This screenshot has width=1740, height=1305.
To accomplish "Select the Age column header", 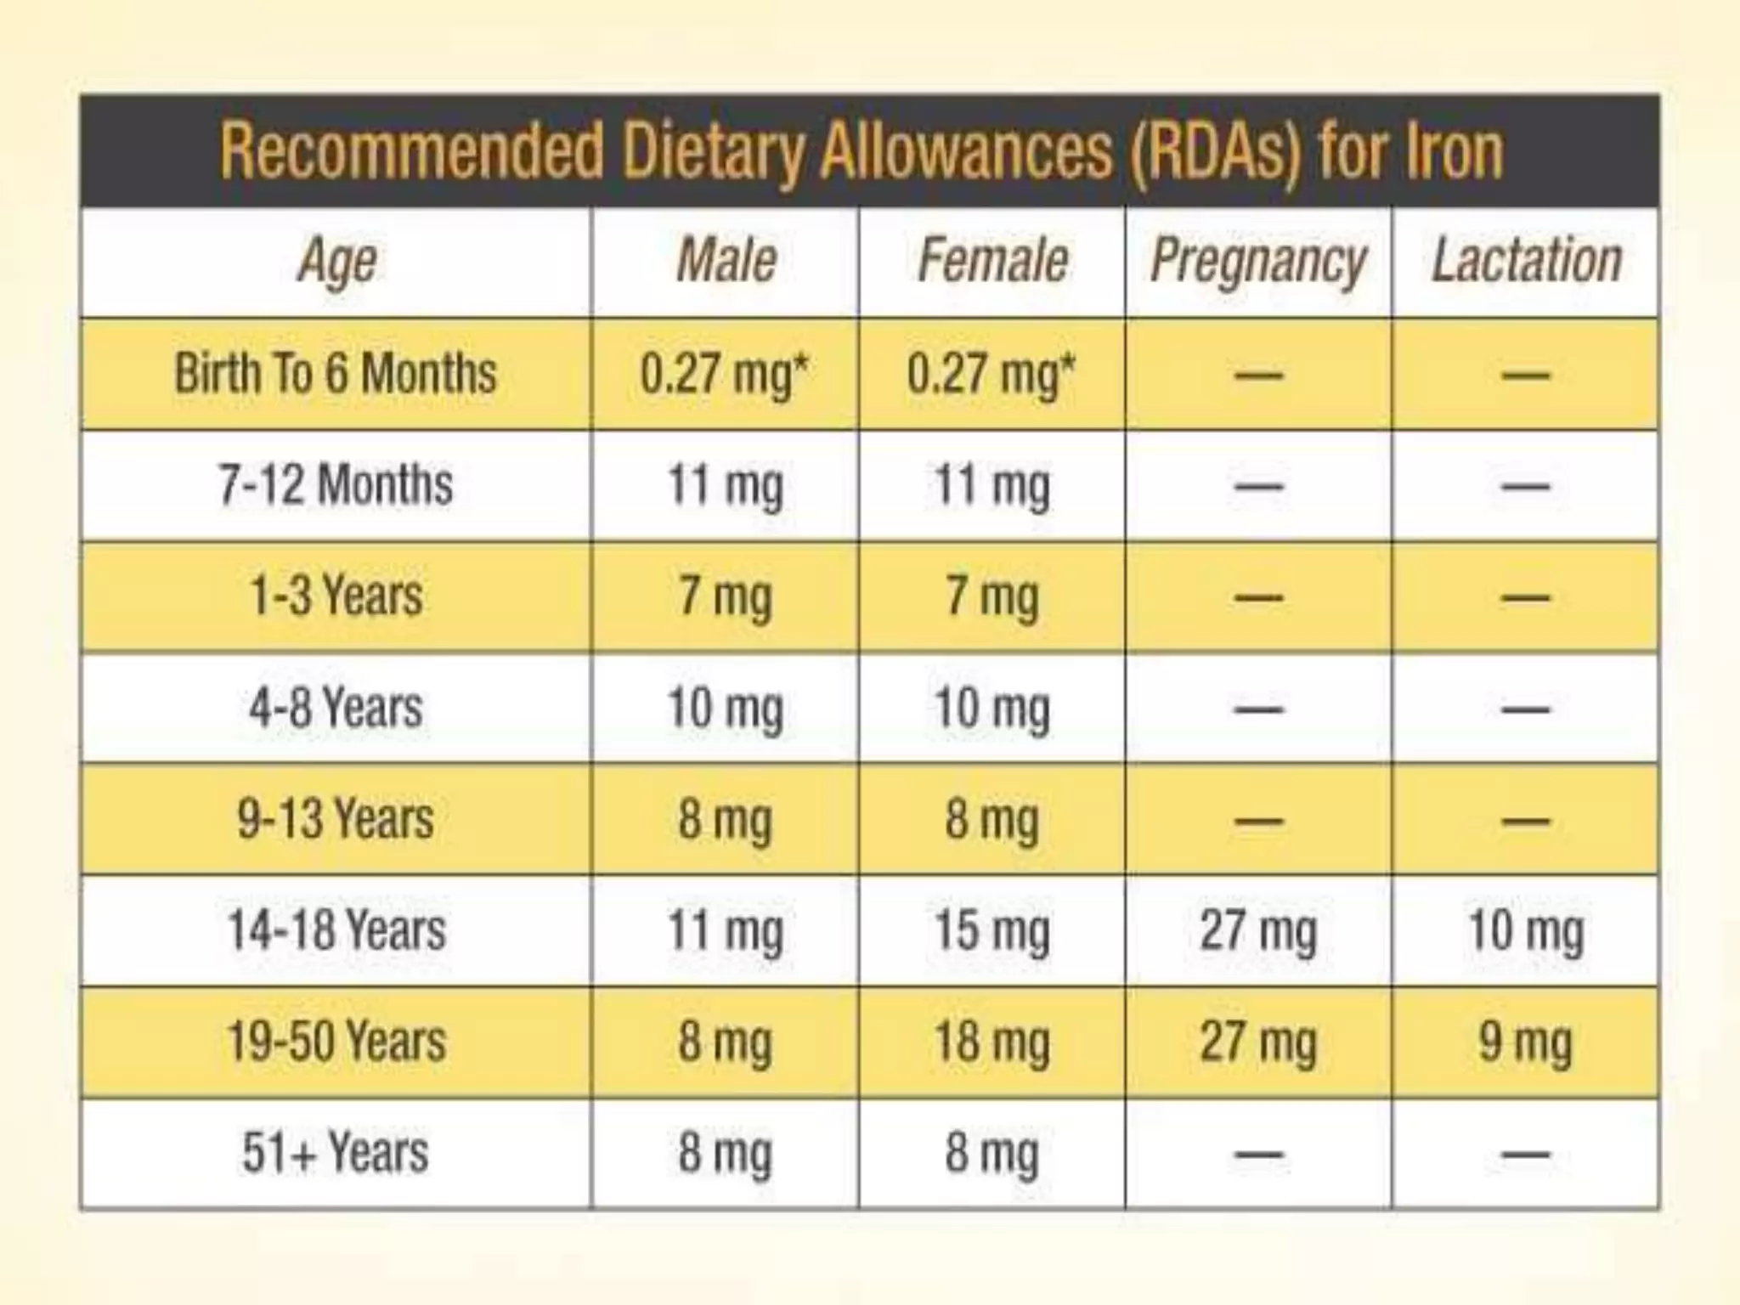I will (337, 261).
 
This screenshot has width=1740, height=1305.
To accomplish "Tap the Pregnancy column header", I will (1258, 261).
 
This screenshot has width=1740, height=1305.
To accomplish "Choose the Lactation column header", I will (1526, 261).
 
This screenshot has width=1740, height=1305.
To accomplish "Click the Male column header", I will (726, 261).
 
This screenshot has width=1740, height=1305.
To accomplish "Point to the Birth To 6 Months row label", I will (336, 374).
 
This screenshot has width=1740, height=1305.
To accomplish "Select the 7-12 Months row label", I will (336, 485).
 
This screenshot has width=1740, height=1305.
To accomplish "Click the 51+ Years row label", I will (336, 1153).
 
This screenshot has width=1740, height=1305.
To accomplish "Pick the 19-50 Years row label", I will (336, 1042).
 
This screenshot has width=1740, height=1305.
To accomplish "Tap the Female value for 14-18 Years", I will (991, 930).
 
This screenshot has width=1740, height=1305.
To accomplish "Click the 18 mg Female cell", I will (991, 1042).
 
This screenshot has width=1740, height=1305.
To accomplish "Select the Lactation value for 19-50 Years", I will (1526, 1042).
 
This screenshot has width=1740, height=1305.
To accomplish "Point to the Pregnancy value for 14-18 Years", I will (1258, 930).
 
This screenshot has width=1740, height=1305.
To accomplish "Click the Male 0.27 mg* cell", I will (725, 374).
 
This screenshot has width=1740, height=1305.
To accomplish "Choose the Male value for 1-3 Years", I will (725, 596).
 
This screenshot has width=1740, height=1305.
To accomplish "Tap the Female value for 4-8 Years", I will (991, 708).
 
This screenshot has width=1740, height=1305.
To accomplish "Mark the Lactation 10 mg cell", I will (1526, 930).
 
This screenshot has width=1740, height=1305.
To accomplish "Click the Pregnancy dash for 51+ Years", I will (1258, 1154).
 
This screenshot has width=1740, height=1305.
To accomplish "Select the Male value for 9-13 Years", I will (725, 819).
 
